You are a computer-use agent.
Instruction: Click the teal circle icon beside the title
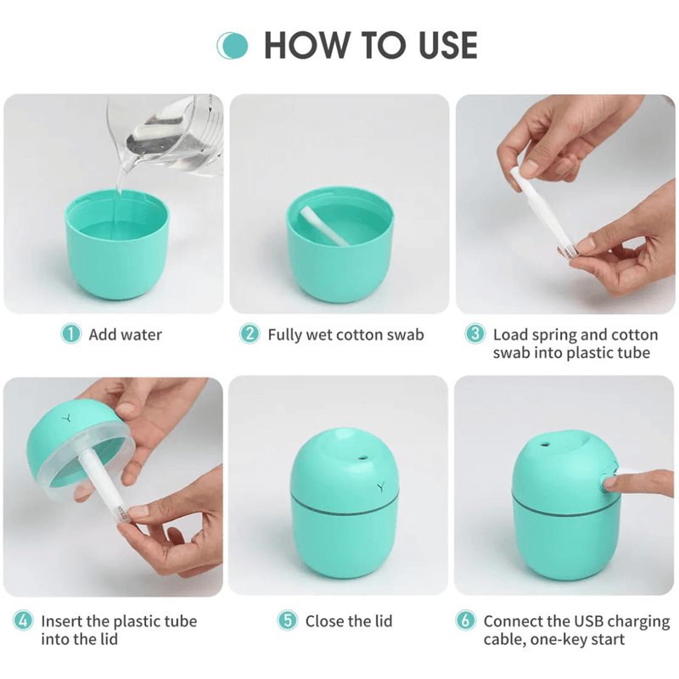tap(233, 46)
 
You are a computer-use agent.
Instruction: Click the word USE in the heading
tap(448, 45)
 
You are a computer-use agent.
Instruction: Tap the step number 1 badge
tap(71, 334)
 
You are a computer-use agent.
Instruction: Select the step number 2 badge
tap(250, 334)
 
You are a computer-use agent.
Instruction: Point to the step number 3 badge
tap(475, 334)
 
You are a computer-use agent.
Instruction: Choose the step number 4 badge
tap(24, 620)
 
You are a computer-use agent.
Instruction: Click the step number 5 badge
tap(288, 620)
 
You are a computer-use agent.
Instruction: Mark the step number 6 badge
tap(466, 620)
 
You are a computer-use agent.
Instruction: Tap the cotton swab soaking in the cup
tap(325, 226)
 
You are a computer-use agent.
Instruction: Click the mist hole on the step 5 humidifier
tap(363, 457)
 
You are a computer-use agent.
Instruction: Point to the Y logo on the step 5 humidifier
tap(380, 487)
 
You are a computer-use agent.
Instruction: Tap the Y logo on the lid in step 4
tap(66, 418)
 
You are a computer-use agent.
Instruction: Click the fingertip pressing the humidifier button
tap(611, 481)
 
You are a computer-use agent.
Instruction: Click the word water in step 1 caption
tap(140, 334)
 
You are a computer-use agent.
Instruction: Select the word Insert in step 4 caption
tap(61, 621)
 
